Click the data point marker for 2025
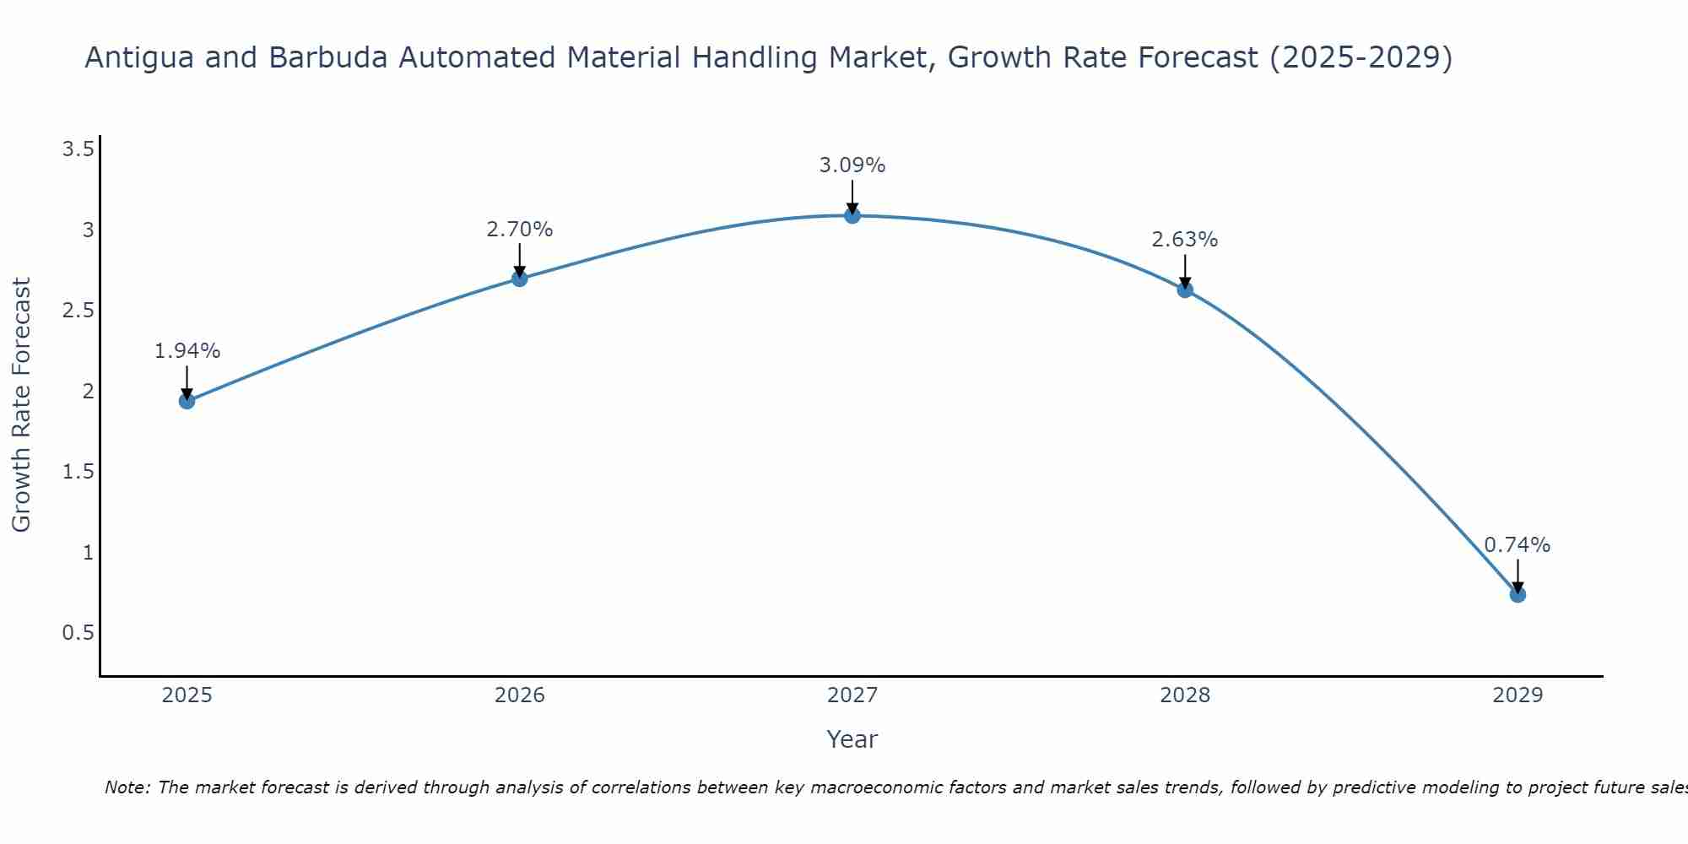187,401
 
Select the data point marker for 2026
520,279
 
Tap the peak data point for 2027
852,215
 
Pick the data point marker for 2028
1185,289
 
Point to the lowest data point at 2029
1518,594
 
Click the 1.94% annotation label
187,351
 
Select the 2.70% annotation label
520,230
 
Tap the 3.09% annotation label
852,165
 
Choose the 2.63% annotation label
1185,240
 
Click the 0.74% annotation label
1518,545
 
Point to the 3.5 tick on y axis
78,149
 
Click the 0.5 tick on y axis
78,633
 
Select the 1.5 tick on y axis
78,472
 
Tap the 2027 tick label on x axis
852,695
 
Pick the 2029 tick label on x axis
1518,695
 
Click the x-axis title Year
852,739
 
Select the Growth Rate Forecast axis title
22,405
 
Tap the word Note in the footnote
126,787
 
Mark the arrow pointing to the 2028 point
1185,270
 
